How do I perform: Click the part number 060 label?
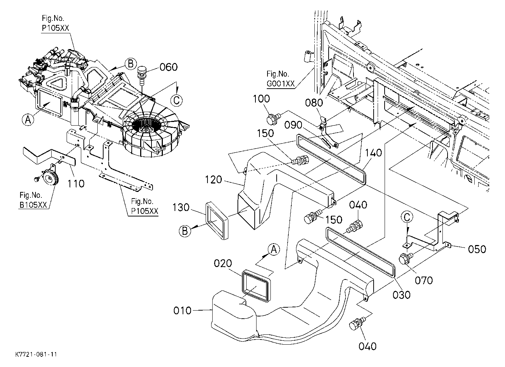point(168,67)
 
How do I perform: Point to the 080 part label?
point(314,103)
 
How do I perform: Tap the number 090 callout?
point(293,125)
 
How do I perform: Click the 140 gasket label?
point(373,153)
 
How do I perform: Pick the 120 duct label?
point(213,180)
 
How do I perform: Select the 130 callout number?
point(181,207)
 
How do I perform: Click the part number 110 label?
point(76,184)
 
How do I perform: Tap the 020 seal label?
point(223,263)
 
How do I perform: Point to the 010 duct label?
point(182,311)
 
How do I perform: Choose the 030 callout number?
point(401,295)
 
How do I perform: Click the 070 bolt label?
point(424,281)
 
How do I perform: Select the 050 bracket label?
point(477,249)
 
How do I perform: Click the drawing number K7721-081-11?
point(36,354)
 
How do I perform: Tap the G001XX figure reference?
point(281,84)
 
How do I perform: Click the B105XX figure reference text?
point(33,205)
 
